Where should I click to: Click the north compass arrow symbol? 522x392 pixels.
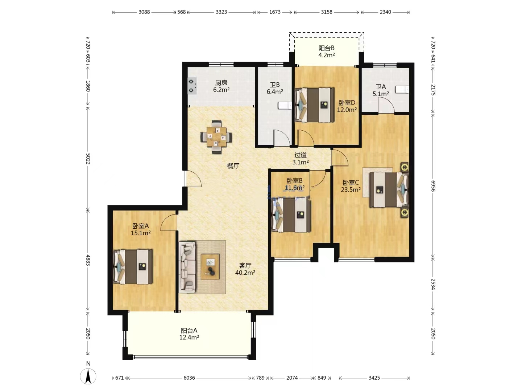coord(88,376)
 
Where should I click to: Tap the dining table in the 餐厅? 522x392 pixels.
coord(216,137)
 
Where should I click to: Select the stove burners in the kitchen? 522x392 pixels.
coord(192,86)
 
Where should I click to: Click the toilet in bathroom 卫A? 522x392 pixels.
coord(402,90)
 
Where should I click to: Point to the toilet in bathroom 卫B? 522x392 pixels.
coord(285,105)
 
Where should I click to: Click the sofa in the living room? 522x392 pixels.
coord(187,267)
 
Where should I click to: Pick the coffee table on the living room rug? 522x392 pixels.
coord(210,266)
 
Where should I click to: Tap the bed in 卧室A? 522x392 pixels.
coord(133,266)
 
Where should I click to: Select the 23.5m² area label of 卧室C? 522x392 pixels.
coord(351,190)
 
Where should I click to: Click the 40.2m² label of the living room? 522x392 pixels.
coord(245,273)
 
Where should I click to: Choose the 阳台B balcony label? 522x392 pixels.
coord(327,48)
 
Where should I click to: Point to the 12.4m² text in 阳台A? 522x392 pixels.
coord(189,337)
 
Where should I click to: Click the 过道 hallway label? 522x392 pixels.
coord(301,155)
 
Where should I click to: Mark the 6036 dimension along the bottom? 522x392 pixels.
coord(189,378)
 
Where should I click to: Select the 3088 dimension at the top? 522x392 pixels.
coord(144,12)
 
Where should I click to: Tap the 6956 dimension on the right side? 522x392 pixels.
coord(433,186)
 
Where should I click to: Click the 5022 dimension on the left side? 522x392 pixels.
coord(88,159)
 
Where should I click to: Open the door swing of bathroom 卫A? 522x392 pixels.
coord(386,105)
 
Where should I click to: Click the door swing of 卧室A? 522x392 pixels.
coord(169,222)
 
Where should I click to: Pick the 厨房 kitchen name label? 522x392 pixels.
coord(221,83)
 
